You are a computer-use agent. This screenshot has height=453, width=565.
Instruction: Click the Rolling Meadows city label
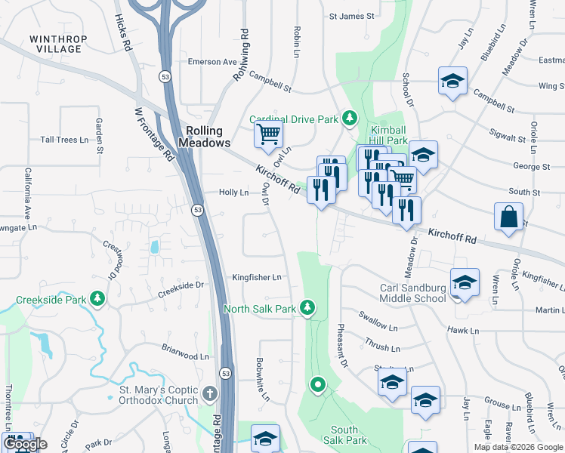coord(205,137)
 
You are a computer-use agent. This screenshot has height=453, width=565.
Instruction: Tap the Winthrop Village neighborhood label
coord(58,44)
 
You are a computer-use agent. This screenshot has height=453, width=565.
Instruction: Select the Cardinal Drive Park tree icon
coord(349,118)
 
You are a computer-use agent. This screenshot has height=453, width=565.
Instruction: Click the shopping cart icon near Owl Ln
coord(268,136)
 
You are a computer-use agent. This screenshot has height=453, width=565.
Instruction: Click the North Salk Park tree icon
coord(307,308)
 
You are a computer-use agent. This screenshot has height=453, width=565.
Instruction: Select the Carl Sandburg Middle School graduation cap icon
coord(465,282)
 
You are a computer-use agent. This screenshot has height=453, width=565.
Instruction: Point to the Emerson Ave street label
coord(212,62)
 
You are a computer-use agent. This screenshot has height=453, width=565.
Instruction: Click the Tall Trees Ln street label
coord(65,140)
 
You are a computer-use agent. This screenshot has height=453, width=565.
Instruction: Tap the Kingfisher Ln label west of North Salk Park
coord(257,277)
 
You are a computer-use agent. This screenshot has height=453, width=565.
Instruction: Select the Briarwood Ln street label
coord(185,356)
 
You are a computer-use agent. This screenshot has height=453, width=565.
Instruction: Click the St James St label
coord(351,16)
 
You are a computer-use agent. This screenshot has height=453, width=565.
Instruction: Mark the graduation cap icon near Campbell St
coord(452,81)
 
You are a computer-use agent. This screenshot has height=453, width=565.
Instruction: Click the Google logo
coord(25,444)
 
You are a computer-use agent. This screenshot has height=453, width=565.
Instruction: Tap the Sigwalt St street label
coord(507,138)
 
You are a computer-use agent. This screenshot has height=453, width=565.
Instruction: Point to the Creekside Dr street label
coord(181,285)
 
